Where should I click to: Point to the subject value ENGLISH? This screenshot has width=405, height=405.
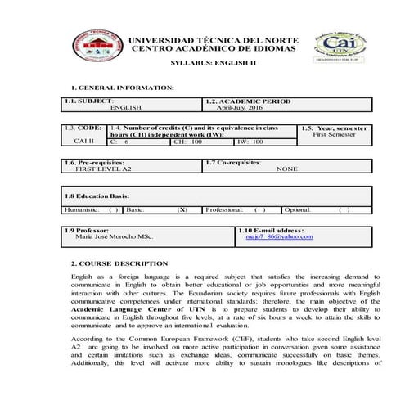[126, 107]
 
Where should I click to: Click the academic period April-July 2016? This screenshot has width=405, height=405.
[239, 107]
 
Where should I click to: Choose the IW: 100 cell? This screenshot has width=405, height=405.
[250, 142]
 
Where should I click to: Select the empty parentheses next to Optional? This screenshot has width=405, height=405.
[344, 209]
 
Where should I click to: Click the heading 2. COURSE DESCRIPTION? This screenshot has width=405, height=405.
[119, 263]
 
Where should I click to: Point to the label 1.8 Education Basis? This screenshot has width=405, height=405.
[97, 196]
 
